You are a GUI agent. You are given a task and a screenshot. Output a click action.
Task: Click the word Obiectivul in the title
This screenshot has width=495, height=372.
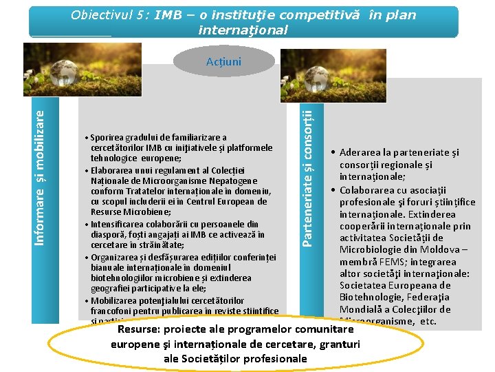click(x=101, y=15)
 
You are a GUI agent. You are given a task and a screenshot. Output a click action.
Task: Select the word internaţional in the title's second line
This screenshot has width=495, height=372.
click(x=243, y=30)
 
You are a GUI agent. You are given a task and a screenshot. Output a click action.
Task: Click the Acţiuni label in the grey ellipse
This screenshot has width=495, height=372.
click(x=223, y=62)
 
